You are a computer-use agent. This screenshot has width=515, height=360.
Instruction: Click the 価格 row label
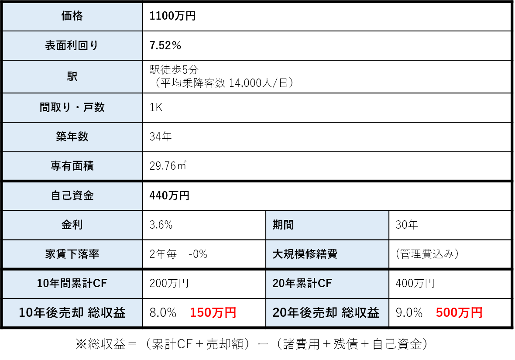click(72, 16)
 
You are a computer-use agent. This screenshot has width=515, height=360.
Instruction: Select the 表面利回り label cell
click(72, 45)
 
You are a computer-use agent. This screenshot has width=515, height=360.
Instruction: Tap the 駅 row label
click(72, 76)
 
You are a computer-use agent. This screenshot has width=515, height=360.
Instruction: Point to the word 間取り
click(55, 107)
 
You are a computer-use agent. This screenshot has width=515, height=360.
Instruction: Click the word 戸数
click(94, 107)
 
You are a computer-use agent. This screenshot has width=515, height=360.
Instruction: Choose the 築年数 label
click(72, 137)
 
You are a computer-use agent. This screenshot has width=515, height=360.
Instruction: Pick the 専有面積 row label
click(72, 166)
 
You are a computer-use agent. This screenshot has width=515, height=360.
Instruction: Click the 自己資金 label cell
click(72, 195)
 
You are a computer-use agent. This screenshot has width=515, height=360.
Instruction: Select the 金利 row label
click(72, 225)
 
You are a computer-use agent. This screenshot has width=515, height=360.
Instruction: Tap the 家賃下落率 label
click(72, 254)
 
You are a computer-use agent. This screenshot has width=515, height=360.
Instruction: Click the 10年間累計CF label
click(72, 284)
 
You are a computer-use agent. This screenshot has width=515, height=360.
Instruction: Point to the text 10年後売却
click(51, 312)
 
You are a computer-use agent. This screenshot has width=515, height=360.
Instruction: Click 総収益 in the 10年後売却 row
click(106, 312)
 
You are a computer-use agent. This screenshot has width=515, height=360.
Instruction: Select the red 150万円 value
click(213, 312)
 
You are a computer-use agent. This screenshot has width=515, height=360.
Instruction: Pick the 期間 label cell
click(283, 225)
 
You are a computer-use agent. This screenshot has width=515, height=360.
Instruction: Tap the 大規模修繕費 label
click(305, 254)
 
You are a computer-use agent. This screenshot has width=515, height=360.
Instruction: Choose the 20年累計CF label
click(302, 284)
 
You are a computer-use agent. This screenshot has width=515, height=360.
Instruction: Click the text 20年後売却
click(305, 312)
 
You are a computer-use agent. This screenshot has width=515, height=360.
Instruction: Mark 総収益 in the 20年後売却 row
click(360, 312)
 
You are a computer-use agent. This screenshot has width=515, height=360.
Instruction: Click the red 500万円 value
click(459, 312)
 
